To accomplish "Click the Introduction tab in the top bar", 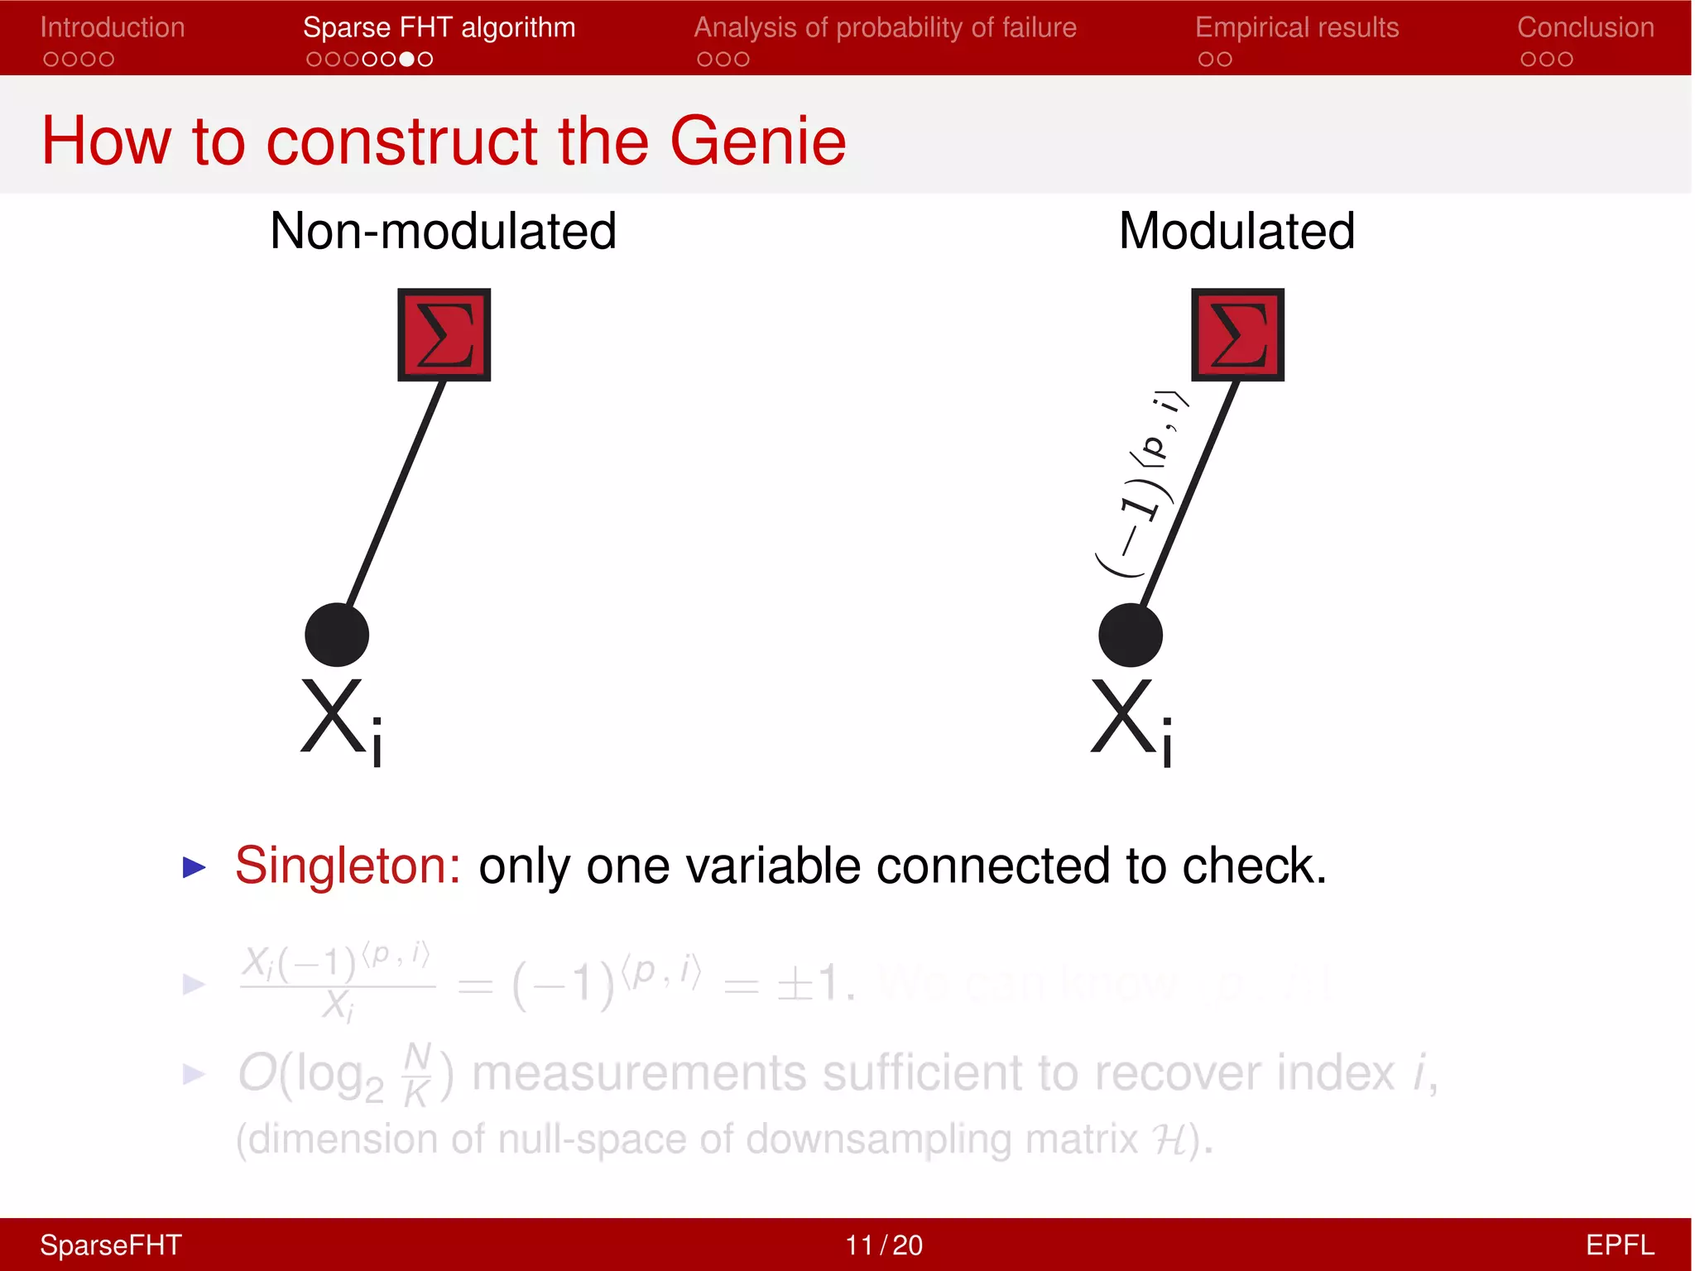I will click(113, 27).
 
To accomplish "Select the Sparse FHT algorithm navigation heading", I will click(439, 27).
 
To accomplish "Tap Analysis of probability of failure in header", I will click(885, 27).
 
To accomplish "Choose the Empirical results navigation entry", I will click(1297, 27).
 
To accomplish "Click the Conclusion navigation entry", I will click(1585, 27).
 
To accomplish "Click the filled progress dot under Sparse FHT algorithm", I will click(406, 60).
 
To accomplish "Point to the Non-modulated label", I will click(443, 231).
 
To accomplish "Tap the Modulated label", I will click(1236, 231).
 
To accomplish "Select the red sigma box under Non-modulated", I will click(444, 334).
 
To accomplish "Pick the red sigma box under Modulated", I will click(1237, 334).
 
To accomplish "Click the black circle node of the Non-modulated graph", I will click(337, 635).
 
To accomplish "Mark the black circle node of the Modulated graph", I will click(1131, 635).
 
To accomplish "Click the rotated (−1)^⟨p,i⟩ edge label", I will click(1142, 484).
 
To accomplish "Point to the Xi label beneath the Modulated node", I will click(1132, 720).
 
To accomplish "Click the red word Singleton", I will click(348, 866).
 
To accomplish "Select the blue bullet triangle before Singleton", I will click(194, 867).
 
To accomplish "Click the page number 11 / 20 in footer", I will click(883, 1245).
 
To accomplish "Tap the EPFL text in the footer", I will click(1619, 1245).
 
